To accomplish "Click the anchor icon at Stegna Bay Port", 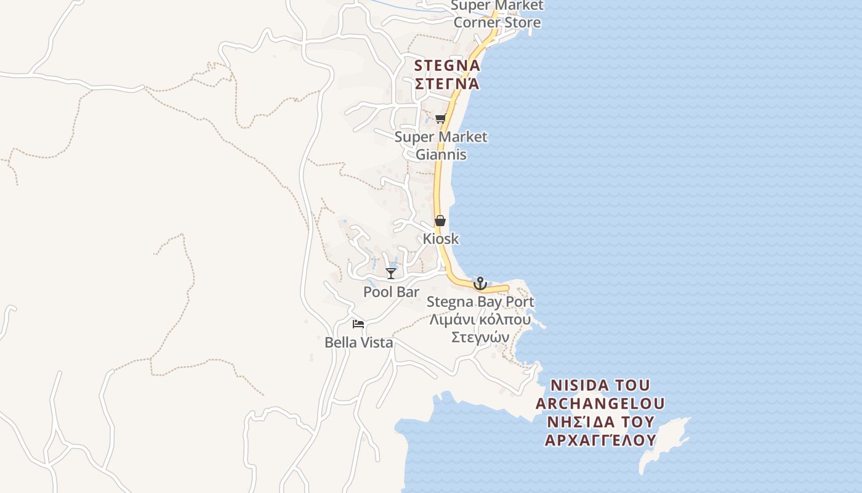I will point(480,283).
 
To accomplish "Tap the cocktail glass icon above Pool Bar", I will point(391,273).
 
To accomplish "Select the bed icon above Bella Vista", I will point(358,324).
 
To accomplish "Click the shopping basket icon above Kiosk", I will point(440,221).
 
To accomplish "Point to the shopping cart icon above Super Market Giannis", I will point(440,119).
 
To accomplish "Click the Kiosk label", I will point(441,238).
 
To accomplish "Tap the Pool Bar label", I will point(391,292).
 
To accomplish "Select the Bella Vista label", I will point(359,343).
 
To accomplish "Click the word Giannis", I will point(441,155).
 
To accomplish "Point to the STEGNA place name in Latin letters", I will point(447,65).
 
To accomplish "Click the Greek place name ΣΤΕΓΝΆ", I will point(447,84).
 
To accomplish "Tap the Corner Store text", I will point(497,23).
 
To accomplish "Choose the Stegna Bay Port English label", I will point(480,302).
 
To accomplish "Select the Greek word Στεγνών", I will point(480,338).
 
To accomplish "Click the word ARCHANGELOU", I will point(600,404).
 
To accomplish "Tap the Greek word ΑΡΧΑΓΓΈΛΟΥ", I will point(600,441).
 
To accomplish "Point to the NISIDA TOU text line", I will point(600,386).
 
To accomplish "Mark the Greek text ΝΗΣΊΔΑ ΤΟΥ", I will point(600,423).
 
